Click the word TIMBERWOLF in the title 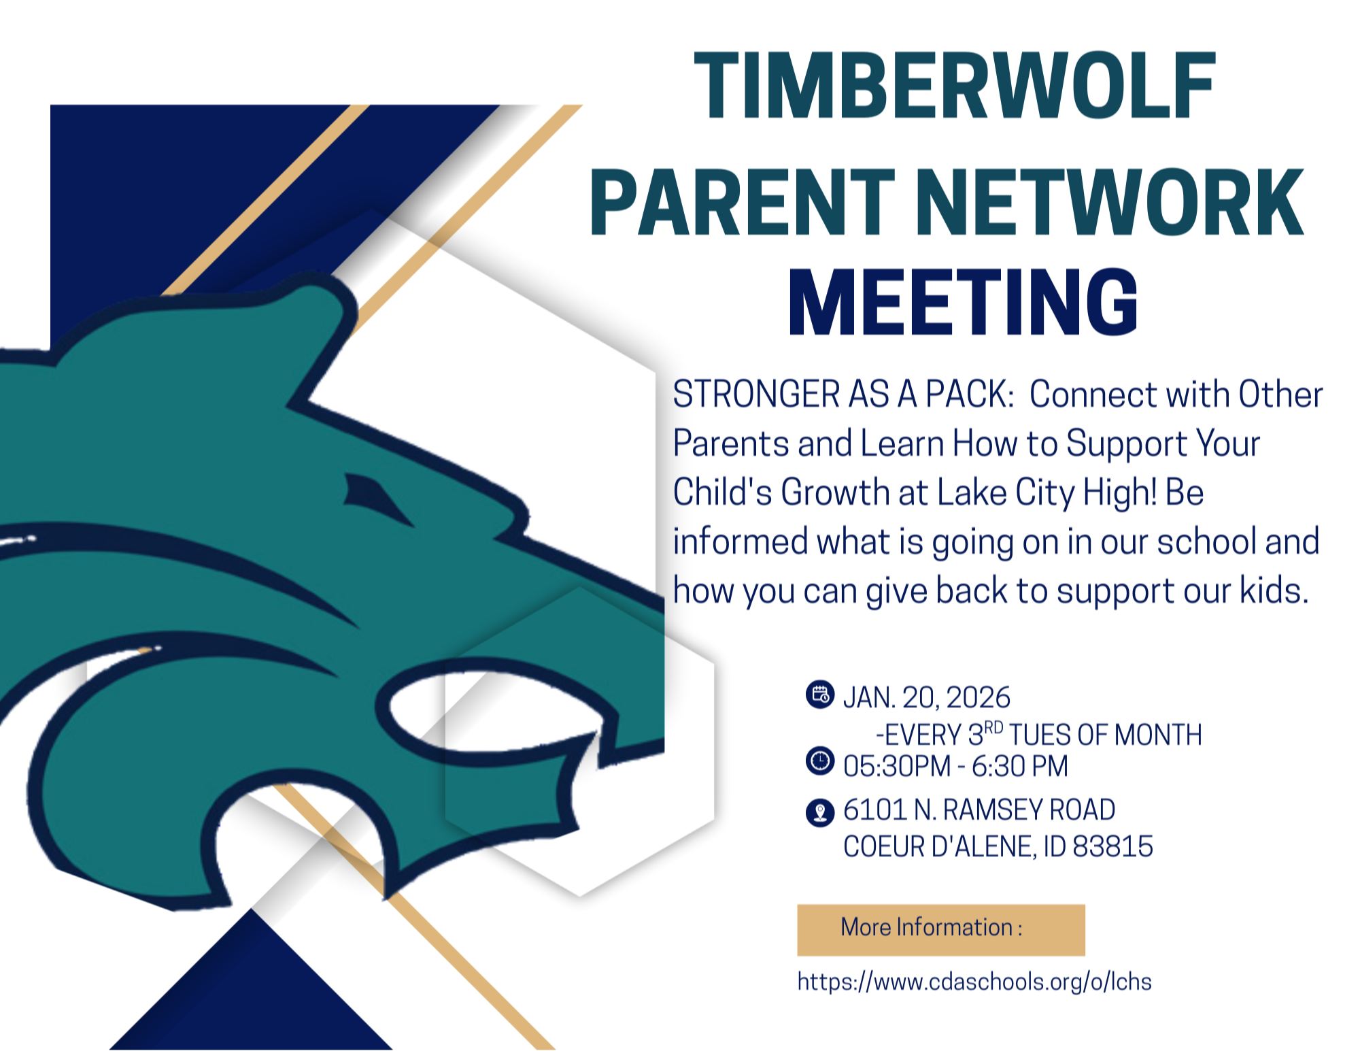pos(954,86)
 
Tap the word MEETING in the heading pos(962,303)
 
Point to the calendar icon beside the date pos(820,695)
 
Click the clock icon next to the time pos(820,761)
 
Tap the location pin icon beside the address pos(820,812)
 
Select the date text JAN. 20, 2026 pos(926,698)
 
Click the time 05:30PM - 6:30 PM pos(955,766)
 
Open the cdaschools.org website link pos(974,982)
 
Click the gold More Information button pos(940,929)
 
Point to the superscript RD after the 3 pos(993,727)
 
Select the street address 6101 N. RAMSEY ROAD pos(979,810)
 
